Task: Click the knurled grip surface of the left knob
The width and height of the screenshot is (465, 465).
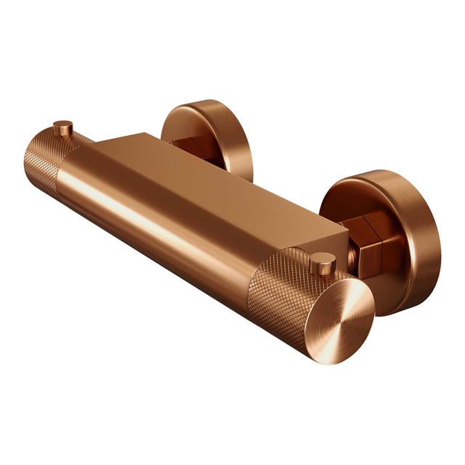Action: tap(47, 156)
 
